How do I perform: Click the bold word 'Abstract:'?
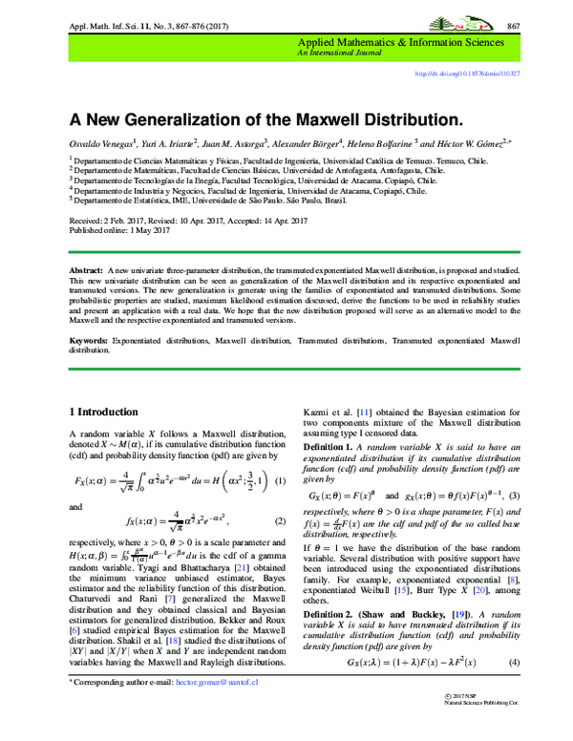tap(87, 272)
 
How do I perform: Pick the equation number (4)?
tap(512, 662)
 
